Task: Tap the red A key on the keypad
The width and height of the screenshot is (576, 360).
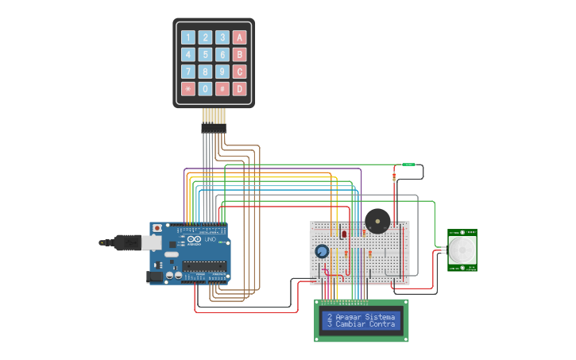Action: tap(240, 37)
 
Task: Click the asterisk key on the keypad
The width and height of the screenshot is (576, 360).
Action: tap(188, 89)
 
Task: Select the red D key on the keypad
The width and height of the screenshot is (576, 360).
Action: tap(240, 89)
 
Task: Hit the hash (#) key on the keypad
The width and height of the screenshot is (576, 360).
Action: tap(222, 89)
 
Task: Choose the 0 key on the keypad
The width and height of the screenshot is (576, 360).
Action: tap(205, 89)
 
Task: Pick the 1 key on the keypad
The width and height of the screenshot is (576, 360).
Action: tap(188, 37)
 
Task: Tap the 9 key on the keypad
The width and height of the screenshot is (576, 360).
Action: tap(222, 72)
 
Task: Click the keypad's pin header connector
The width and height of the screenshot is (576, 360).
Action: tap(213, 127)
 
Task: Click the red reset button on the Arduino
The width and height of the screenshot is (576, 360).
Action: tap(157, 228)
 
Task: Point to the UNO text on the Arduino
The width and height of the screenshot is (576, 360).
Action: tap(210, 239)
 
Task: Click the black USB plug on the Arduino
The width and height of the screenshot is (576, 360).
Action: tap(119, 242)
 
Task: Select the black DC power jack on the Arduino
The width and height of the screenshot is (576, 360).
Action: tap(154, 277)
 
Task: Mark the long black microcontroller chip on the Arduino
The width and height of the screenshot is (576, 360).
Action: tap(204, 265)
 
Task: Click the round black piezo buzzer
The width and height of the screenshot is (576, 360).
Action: tap(377, 220)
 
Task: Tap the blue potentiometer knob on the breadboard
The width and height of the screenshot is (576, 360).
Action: tap(322, 252)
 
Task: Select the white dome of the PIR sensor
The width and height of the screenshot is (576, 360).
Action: tap(462, 250)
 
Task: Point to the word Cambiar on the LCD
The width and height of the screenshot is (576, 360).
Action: tap(350, 324)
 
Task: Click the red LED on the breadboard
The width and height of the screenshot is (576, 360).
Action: tap(344, 234)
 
